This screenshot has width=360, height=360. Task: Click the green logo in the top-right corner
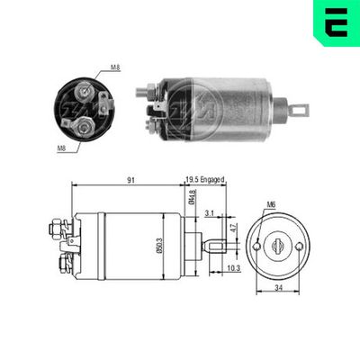coord(336,22)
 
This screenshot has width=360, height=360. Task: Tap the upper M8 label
coord(115,67)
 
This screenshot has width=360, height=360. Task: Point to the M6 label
coord(271,205)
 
